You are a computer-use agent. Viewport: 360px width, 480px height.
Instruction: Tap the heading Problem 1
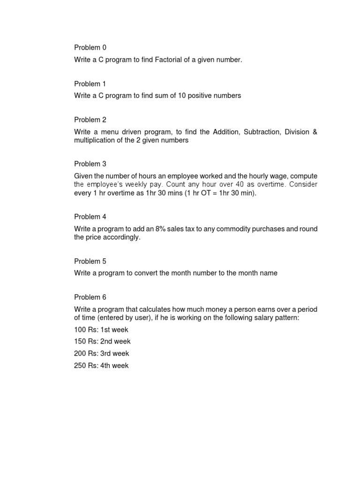click(90, 83)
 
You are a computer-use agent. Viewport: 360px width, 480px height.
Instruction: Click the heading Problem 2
click(90, 120)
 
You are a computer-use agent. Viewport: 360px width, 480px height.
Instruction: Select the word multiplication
click(93, 140)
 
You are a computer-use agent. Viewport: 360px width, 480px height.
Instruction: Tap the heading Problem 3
click(90, 164)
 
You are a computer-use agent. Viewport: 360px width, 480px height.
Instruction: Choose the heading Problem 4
click(90, 217)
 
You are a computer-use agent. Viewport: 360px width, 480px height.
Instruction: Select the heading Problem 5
click(90, 261)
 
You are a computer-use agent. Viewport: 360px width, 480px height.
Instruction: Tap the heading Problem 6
click(90, 297)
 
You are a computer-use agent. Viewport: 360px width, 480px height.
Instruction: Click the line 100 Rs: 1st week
click(101, 330)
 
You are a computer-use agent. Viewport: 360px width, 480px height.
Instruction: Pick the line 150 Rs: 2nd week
click(102, 341)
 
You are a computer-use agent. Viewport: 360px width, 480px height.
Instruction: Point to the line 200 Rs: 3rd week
click(101, 353)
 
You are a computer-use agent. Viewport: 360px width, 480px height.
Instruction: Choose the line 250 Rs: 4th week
click(101, 365)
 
